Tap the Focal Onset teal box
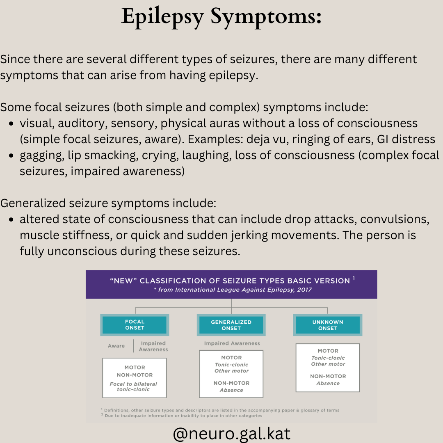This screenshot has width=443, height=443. pyautogui.click(x=135, y=325)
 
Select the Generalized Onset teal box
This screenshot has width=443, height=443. pyautogui.click(x=231, y=325)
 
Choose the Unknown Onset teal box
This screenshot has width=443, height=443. pyautogui.click(x=328, y=325)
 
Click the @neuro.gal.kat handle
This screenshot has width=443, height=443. pyautogui.click(x=232, y=434)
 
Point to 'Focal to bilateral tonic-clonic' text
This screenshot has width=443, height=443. pyautogui.click(x=133, y=386)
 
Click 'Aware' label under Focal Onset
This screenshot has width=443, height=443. pyautogui.click(x=116, y=346)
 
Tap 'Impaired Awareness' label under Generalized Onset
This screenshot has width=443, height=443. pyautogui.click(x=232, y=343)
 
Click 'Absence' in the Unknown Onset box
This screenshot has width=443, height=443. pyautogui.click(x=328, y=384)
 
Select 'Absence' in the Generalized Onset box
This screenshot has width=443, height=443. pyautogui.click(x=231, y=390)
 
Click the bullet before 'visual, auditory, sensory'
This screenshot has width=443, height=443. pyautogui.click(x=11, y=124)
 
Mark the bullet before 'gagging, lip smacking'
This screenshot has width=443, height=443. pyautogui.click(x=11, y=156)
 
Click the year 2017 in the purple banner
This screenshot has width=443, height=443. pyautogui.click(x=304, y=290)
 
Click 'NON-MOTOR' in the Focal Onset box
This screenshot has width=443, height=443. pyautogui.click(x=135, y=375)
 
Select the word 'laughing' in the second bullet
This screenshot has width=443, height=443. pyautogui.click(x=207, y=156)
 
